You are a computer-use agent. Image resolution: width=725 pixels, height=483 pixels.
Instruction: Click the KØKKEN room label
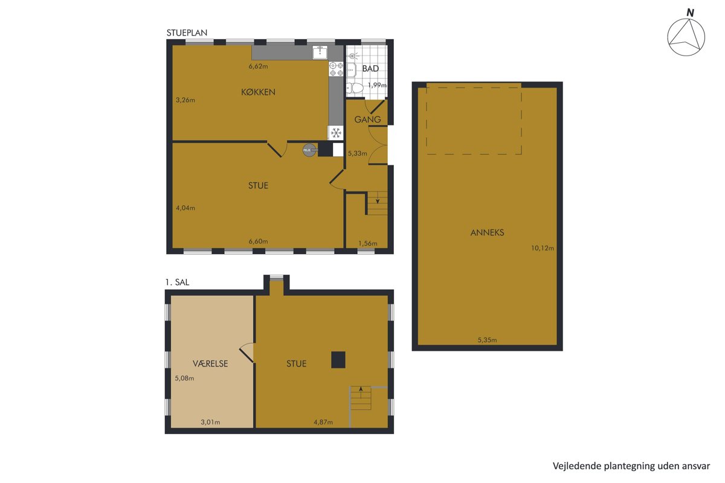pos(258,92)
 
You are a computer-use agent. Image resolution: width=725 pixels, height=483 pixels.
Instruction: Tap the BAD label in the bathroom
pos(370,69)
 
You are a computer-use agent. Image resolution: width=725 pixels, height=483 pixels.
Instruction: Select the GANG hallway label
pos(367,120)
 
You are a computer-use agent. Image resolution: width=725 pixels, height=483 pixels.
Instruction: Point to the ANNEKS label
pos(487,232)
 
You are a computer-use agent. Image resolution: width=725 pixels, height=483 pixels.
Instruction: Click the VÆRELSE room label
pos(210,363)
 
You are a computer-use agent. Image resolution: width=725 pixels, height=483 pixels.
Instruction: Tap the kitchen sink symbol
pos(320,52)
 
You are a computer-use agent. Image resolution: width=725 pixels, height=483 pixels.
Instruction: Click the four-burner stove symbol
pos(336,69)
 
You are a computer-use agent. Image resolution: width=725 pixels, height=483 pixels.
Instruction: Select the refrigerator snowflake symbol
pos(336,133)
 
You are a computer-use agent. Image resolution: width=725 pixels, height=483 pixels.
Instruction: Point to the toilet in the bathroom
pos(355,88)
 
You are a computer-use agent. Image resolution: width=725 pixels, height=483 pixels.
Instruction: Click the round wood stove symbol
pos(309,150)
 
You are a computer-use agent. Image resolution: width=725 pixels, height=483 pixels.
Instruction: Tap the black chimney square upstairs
pos(338,359)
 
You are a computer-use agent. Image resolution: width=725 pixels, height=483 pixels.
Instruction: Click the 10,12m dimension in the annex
pos(543,248)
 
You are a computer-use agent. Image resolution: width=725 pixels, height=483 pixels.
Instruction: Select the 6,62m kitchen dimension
pos(259,66)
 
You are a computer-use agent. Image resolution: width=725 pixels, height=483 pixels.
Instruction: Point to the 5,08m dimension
pos(184,378)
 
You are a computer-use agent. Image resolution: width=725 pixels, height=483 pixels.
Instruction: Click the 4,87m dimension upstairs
pos(323,422)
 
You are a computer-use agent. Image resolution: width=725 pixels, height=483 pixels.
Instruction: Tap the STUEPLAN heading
pos(187,33)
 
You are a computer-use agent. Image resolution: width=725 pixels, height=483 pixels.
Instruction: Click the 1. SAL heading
pos(177,282)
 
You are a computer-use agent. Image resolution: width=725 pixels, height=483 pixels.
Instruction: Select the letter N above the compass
pos(691,13)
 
